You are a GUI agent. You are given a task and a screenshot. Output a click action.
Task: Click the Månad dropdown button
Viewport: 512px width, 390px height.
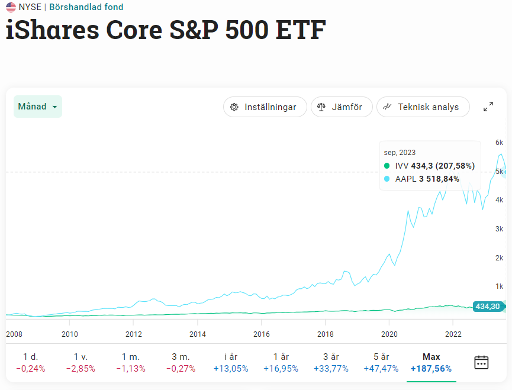[x=38, y=107]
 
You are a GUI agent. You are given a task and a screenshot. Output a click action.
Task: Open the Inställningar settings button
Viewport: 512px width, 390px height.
[x=265, y=107]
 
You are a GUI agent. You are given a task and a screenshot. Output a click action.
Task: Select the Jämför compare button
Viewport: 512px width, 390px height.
[x=342, y=107]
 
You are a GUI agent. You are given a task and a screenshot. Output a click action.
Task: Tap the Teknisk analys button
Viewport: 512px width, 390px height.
[x=422, y=107]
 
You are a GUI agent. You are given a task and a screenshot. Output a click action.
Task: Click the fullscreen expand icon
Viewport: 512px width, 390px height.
[x=488, y=107]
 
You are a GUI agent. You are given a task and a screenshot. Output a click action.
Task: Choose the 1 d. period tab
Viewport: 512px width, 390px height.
[x=30, y=362]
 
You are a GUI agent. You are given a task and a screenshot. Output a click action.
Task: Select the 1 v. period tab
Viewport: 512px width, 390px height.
[x=80, y=362]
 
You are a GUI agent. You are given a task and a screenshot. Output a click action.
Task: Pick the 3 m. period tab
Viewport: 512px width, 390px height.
[x=180, y=362]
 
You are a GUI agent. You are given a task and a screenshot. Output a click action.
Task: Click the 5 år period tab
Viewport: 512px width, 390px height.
[x=381, y=362]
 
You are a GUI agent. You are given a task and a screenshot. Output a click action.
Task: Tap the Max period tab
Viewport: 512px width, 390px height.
[x=431, y=362]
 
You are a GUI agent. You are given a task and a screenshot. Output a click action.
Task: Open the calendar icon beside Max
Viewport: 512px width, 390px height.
[x=481, y=362]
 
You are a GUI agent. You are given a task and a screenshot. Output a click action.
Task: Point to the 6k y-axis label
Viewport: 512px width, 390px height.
[x=499, y=143]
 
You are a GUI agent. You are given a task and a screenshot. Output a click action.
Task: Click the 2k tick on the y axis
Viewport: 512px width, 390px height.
[x=499, y=257]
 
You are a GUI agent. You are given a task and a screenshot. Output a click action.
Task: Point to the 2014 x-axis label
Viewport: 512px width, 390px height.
[x=198, y=334]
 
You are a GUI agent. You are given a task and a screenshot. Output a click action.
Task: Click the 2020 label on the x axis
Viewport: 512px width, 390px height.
[x=389, y=334]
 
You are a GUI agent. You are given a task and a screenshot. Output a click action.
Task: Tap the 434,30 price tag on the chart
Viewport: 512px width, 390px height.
[x=488, y=306]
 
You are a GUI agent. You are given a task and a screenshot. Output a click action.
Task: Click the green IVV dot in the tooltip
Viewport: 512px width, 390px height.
[x=387, y=166]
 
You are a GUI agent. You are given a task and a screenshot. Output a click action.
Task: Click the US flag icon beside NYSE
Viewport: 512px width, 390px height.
[x=11, y=7]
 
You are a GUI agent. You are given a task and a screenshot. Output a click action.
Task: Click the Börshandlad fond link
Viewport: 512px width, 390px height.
[x=86, y=7]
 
